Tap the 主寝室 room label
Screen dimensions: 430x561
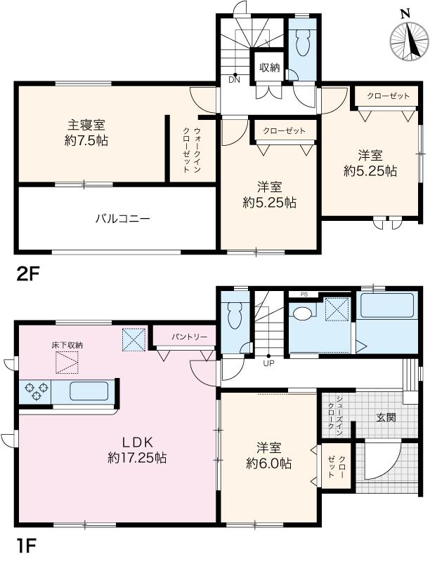[86, 126]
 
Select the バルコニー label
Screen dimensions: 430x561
[122, 218]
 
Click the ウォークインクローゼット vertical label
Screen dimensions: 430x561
[192, 150]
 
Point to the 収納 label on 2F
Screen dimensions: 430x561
[270, 67]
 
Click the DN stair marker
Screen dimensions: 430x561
[235, 80]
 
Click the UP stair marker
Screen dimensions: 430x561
[268, 363]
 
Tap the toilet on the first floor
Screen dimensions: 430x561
[235, 315]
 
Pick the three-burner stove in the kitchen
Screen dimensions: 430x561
[35, 391]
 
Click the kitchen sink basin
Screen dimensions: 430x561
[89, 391]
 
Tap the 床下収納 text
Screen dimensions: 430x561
[67, 346]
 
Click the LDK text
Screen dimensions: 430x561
[138, 442]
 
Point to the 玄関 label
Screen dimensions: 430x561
[386, 417]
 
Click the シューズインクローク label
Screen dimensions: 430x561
[336, 415]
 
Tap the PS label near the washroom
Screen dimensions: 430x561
[304, 295]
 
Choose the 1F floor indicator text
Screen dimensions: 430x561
[27, 546]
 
